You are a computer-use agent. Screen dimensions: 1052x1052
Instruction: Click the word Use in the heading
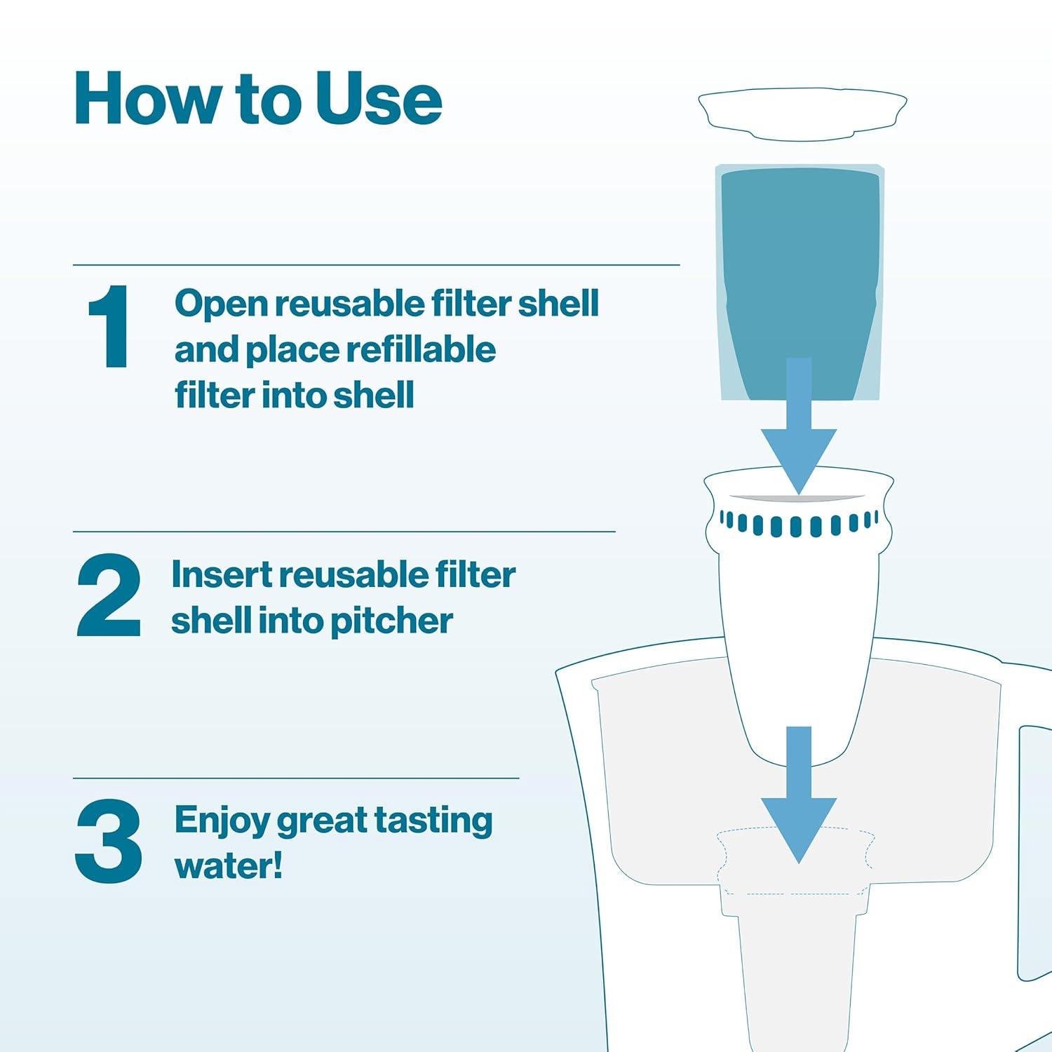click(x=379, y=100)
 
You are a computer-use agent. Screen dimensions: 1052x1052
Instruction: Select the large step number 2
click(x=109, y=596)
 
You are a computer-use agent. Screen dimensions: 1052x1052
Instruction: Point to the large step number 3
click(x=109, y=842)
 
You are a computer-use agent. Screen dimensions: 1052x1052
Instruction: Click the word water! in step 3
click(x=229, y=865)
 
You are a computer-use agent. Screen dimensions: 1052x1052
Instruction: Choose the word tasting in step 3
click(x=433, y=821)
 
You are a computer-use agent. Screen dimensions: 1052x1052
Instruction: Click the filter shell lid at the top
click(x=802, y=111)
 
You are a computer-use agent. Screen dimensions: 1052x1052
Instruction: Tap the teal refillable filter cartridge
click(x=800, y=267)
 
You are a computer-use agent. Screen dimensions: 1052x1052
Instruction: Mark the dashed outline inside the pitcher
click(x=796, y=863)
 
